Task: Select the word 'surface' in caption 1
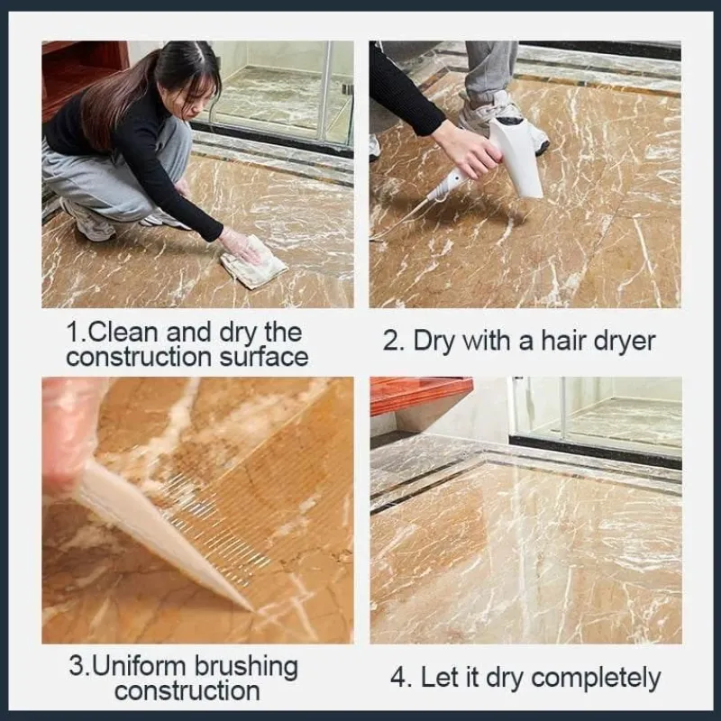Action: (263, 357)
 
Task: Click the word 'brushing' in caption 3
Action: (246, 668)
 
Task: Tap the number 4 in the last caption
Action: (397, 678)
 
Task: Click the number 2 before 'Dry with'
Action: (391, 342)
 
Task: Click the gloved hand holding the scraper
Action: (69, 438)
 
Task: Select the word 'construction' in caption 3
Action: (187, 692)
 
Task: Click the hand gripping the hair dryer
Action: (463, 148)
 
